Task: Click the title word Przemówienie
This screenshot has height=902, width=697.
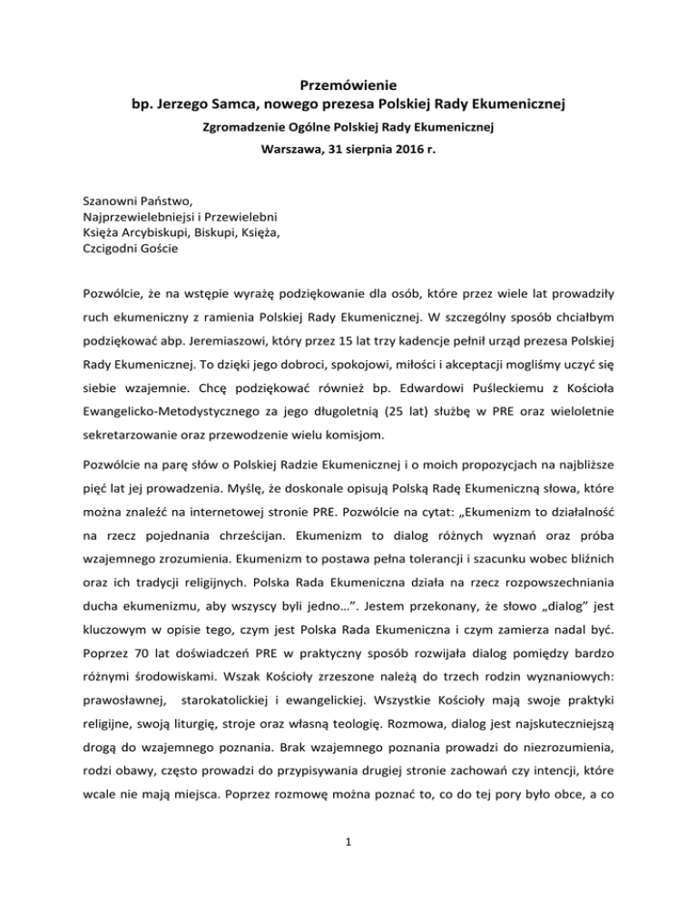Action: point(348,86)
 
